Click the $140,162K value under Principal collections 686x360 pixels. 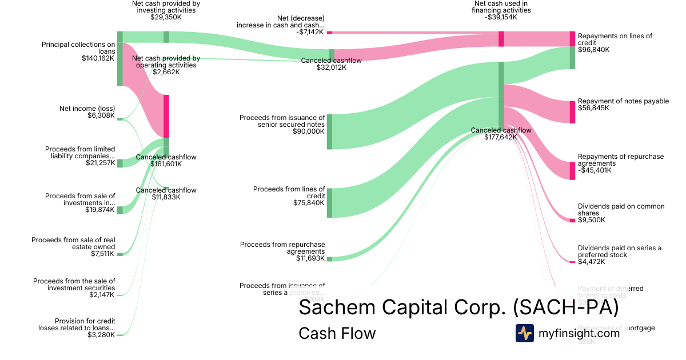pyautogui.click(x=98, y=58)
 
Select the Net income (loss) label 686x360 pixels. pyautogui.click(x=87, y=108)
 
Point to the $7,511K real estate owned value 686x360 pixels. pyautogui.click(x=103, y=253)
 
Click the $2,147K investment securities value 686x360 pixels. pyautogui.click(x=103, y=294)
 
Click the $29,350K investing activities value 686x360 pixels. pyautogui.click(x=166, y=17)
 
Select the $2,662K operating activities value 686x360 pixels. pyautogui.click(x=166, y=72)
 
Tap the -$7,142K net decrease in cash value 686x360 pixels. pyautogui.click(x=309, y=32)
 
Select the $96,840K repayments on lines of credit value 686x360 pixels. pyautogui.click(x=594, y=50)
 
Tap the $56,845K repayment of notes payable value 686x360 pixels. pyautogui.click(x=594, y=108)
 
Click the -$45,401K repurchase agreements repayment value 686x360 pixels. pyautogui.click(x=595, y=170)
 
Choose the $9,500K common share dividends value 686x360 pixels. pyautogui.click(x=591, y=220)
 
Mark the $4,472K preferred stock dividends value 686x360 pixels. pyautogui.click(x=591, y=262)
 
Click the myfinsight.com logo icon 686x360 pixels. pyautogui.click(x=525, y=333)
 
